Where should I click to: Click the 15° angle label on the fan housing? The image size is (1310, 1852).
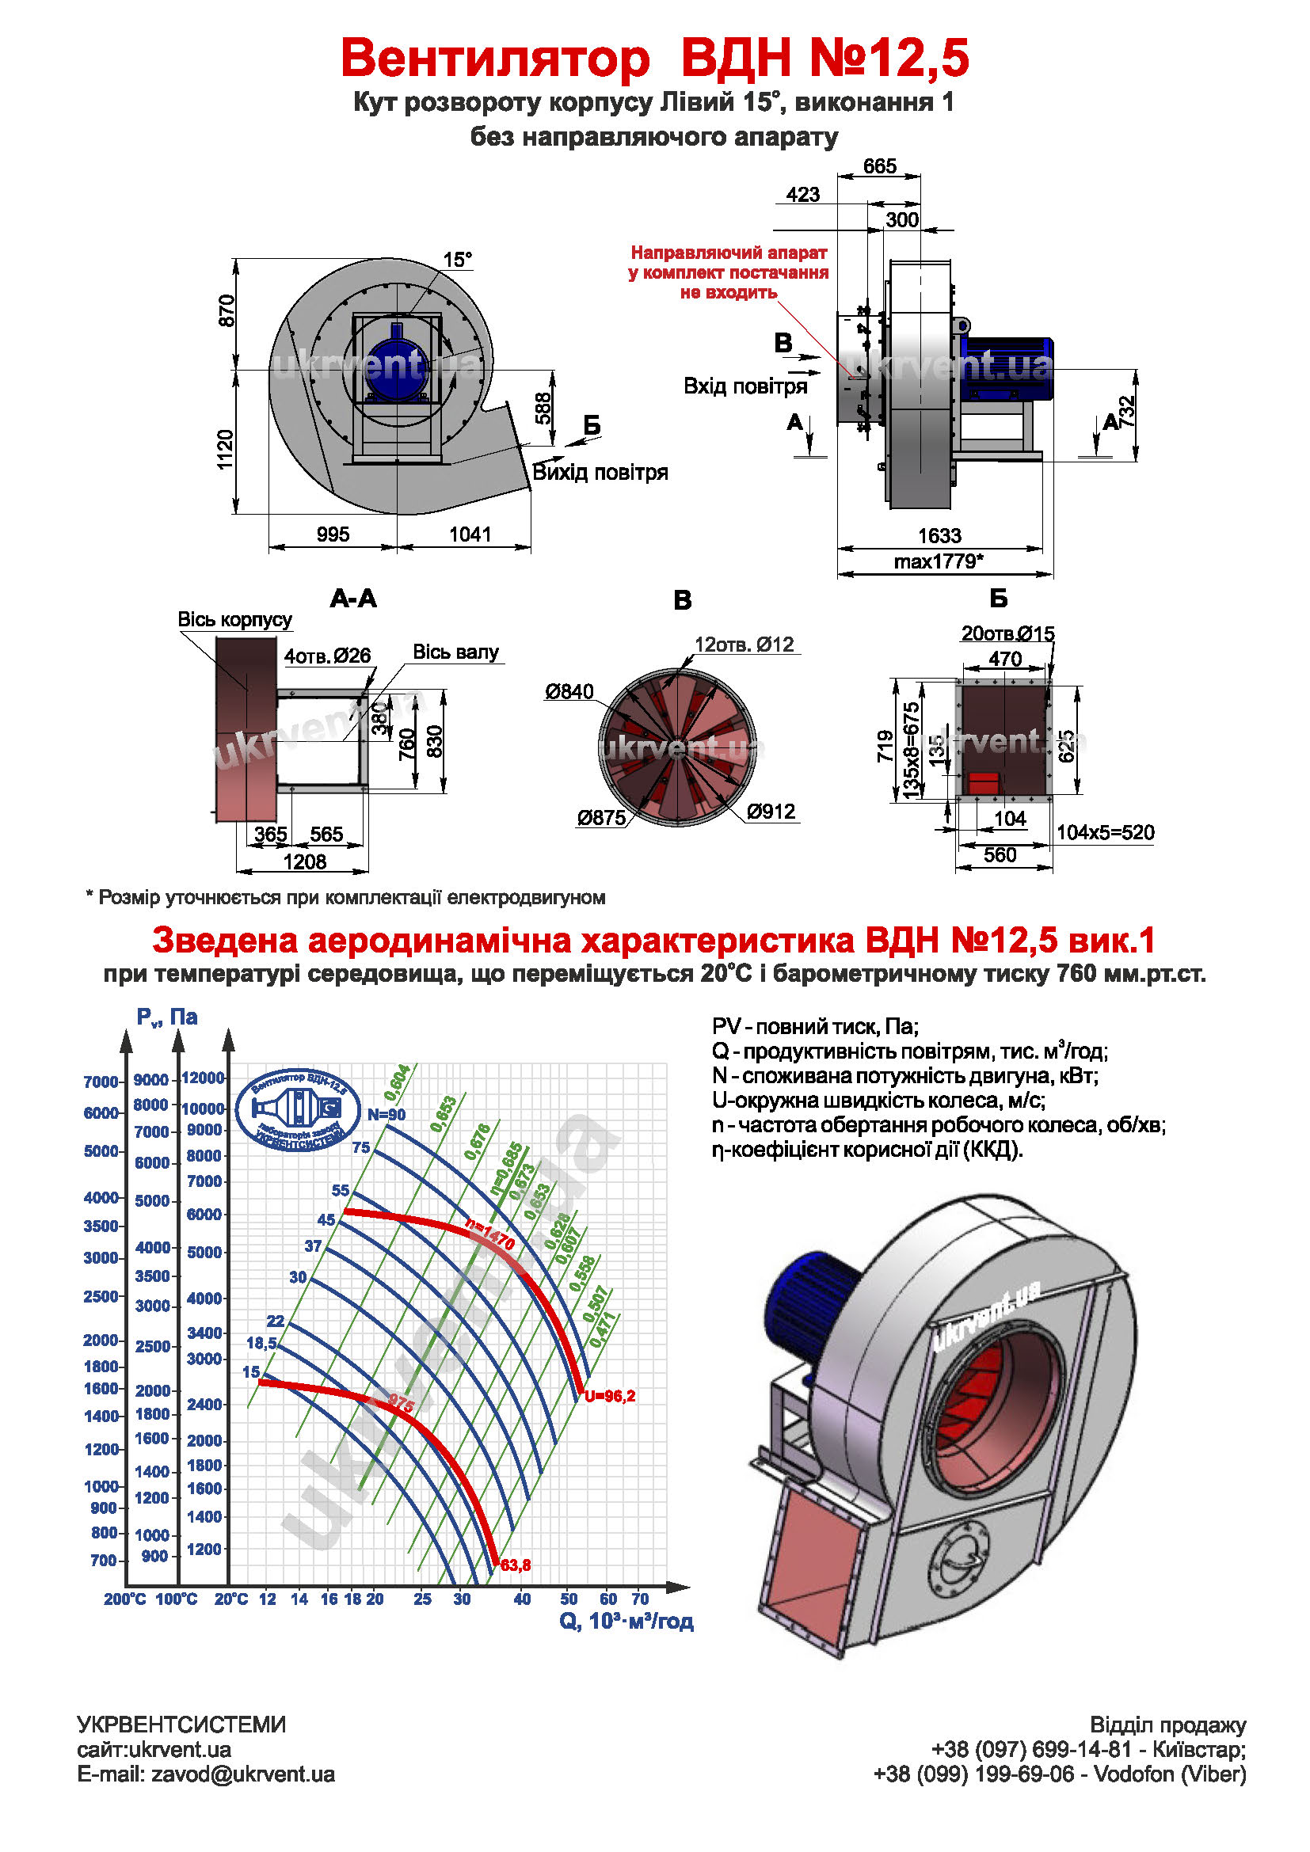pos(456,260)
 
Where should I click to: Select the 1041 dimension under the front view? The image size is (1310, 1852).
pos(470,534)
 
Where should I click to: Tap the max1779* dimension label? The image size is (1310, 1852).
pos(938,561)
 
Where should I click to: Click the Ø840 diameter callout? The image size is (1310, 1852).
pos(569,691)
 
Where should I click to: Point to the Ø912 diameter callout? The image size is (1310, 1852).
pos(771,812)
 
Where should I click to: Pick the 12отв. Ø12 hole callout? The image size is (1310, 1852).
pos(744,645)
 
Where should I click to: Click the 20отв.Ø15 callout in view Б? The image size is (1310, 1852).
pos(1007,633)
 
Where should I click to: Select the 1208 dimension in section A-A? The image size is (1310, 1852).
pos(304,862)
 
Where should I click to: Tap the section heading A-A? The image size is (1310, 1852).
pos(353,599)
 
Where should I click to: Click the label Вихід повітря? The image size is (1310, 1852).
pos(600,473)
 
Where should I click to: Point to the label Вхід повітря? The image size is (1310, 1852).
pos(744,386)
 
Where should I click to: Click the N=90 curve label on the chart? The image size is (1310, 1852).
pos(387,1115)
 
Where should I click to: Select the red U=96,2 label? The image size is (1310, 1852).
pos(610,1396)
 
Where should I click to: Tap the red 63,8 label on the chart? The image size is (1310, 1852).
pos(516,1565)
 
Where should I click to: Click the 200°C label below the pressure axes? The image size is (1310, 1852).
pos(124,1599)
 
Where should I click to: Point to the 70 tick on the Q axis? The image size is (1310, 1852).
pos(640,1599)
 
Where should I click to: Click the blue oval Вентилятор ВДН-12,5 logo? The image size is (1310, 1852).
pos(299,1111)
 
